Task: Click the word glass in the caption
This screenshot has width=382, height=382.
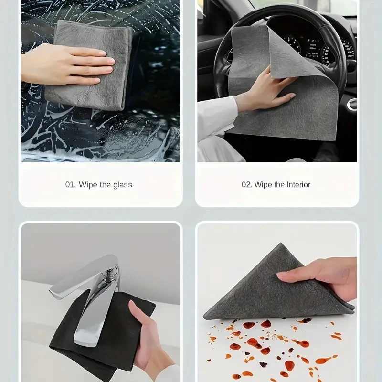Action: (123, 185)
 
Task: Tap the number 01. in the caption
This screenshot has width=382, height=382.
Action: (71, 185)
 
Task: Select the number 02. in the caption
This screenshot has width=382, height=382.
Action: (247, 185)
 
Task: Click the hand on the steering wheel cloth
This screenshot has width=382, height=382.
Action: (263, 93)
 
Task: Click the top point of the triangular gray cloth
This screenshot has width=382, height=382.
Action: (281, 243)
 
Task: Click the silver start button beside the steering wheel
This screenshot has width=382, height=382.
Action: (352, 105)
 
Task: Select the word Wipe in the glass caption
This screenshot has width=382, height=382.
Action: (88, 185)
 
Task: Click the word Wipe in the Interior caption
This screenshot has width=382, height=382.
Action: (263, 185)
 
